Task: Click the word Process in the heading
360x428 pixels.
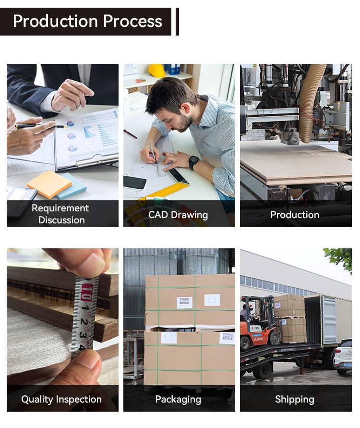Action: [x=132, y=21]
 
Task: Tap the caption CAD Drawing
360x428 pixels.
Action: [x=178, y=215]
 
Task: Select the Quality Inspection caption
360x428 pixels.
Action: [x=61, y=399]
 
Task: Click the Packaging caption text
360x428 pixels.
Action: [x=178, y=399]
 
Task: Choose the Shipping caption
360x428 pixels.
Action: [x=295, y=399]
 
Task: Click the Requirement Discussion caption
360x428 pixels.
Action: [x=60, y=214]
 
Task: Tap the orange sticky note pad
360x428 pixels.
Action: [x=49, y=184]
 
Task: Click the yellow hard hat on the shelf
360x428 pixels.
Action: [x=156, y=71]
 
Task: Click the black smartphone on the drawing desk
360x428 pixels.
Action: [x=135, y=182]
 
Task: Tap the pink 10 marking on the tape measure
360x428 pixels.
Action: [x=86, y=292]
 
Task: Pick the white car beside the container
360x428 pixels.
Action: [x=343, y=356]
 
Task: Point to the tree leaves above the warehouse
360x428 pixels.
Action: [x=339, y=258]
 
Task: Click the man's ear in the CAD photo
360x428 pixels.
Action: [x=187, y=108]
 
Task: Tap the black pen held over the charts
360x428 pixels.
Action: [x=41, y=126]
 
